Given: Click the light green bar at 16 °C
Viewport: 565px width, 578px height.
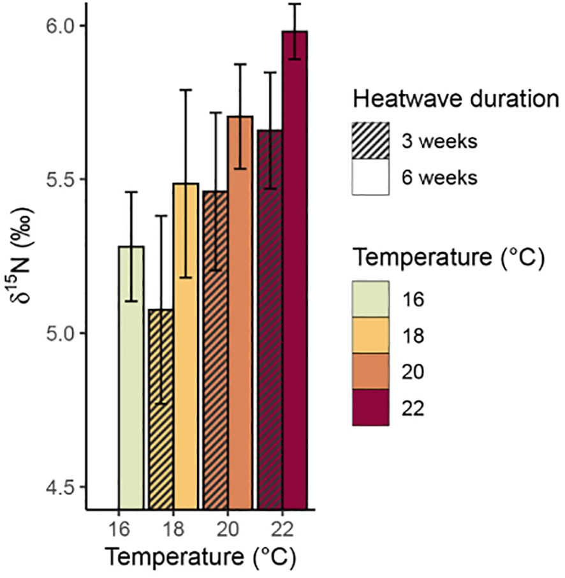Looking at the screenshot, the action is pyautogui.click(x=131, y=383).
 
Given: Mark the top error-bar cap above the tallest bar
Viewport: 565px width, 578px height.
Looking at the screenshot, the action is pyautogui.click(x=295, y=4).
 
